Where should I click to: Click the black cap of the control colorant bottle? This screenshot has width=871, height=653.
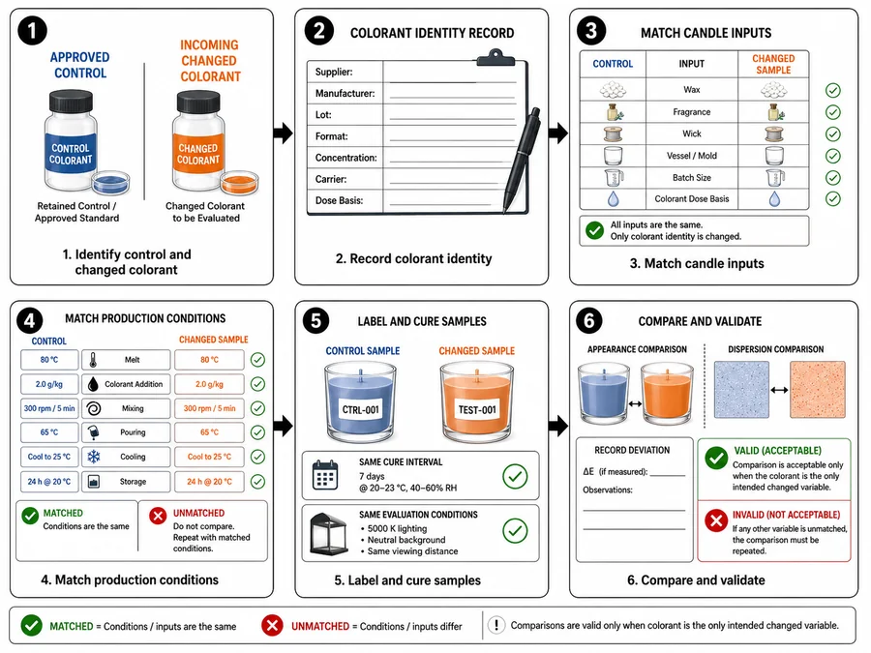(x=71, y=101)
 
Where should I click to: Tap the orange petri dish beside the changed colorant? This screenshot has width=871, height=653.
(x=239, y=182)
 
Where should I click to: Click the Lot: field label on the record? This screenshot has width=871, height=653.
(x=323, y=115)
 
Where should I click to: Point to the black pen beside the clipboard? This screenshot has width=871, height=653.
(x=522, y=159)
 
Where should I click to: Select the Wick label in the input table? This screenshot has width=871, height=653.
(x=692, y=134)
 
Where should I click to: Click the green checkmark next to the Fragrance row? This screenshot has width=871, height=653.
(x=832, y=112)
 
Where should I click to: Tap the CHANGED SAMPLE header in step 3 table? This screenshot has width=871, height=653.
(x=773, y=64)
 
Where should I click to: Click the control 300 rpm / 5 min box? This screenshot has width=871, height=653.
(x=49, y=408)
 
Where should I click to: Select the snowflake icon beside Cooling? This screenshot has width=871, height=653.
(x=93, y=457)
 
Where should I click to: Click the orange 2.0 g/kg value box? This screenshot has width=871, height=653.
(x=209, y=384)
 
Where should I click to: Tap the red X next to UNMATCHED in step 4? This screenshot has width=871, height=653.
(x=158, y=516)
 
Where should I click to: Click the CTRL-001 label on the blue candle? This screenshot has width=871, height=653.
(x=361, y=410)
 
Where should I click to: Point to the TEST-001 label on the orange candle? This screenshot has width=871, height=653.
(x=477, y=410)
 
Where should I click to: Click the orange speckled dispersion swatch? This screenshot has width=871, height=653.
(x=818, y=389)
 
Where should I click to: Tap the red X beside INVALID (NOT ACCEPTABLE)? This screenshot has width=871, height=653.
(x=716, y=521)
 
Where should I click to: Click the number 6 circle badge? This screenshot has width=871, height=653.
(x=588, y=320)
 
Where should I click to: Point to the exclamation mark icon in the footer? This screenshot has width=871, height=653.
(x=496, y=625)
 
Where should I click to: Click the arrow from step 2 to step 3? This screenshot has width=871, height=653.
(x=558, y=133)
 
